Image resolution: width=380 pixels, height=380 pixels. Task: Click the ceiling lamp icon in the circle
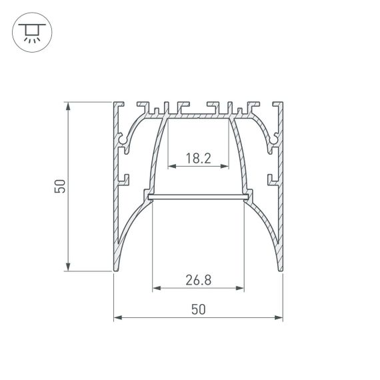coord(30,31)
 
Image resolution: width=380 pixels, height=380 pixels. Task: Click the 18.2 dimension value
coord(198,159)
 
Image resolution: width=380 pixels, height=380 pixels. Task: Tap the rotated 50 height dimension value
coord(60,187)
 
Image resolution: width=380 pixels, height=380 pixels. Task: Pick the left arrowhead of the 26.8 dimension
coord(156,289)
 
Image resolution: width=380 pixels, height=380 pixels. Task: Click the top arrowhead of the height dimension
coord(69,105)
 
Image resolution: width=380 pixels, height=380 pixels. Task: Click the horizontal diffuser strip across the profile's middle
coord(198,197)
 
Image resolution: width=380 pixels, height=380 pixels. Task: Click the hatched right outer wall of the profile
coord(282,200)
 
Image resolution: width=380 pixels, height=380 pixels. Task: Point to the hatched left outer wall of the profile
coord(115,200)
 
